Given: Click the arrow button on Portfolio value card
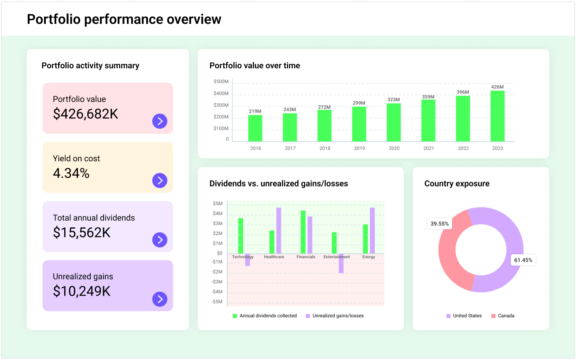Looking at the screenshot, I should click(160, 121).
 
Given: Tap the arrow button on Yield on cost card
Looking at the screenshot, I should click(160, 180).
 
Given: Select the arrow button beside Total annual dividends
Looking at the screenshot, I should click(160, 240).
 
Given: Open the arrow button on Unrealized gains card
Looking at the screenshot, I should click(160, 299).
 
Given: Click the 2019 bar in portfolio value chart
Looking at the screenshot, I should click(359, 124).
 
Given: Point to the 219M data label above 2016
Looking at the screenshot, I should click(255, 111).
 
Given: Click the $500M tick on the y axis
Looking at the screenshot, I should click(221, 82).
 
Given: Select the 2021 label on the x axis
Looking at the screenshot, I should click(428, 148).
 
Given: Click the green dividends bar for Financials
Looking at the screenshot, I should click(303, 232).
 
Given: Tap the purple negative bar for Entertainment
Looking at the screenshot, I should click(341, 264).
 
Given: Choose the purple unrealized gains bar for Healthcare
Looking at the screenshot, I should click(279, 230).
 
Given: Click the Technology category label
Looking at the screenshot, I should click(243, 257).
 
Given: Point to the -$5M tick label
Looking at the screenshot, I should click(217, 302).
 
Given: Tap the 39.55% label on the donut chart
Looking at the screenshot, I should click(439, 224).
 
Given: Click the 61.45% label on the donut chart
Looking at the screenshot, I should click(523, 260).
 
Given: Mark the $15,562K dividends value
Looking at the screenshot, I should click(81, 232).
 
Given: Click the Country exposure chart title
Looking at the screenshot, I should click(457, 184).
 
